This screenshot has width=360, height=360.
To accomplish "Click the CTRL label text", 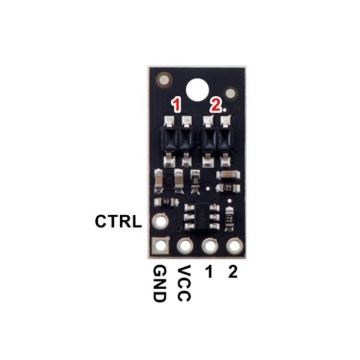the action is point(118,222).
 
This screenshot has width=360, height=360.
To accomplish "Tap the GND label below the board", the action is point(159,283).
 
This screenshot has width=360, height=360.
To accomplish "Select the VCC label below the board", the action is point(184,283).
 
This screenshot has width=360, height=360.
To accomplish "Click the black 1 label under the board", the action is point(209,271).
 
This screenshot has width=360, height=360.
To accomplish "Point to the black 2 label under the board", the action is point(233,271).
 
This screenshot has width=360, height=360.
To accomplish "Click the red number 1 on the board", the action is point(177,105).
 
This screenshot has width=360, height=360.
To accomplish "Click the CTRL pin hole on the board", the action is point(161,221).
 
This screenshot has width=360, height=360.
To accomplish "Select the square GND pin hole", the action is point(161,246).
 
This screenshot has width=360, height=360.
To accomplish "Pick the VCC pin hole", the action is point(185,246).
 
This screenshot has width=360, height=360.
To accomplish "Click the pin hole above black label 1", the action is point(210,246).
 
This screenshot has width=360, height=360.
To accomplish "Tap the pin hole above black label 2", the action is point(234,246).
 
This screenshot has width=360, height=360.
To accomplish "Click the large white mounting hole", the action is point(197,90).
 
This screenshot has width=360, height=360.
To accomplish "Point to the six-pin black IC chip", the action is point(202,217).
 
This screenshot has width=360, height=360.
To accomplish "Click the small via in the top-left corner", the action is point(164,80).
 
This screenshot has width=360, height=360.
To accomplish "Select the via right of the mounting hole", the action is point(230,93).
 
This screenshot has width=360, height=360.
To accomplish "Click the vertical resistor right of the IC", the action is point(229,219).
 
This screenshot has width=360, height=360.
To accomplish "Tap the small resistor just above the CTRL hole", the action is point(166,202).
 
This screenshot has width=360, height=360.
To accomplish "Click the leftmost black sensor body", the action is point(169,139).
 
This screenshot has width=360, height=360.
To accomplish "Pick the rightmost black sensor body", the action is point(225,139).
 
